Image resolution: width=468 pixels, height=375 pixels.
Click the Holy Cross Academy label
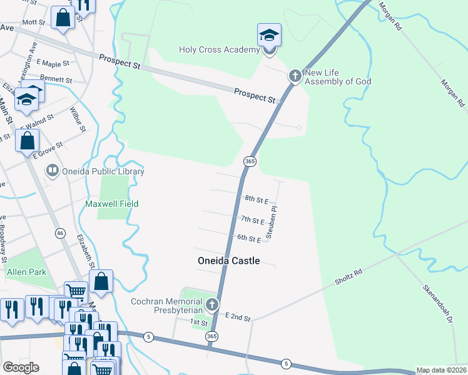tap(218, 50)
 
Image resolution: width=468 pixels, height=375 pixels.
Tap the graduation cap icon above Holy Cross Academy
tap(270, 35)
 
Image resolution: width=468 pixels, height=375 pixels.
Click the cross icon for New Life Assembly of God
tap(295, 76)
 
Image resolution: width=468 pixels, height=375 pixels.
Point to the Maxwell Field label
tap(111, 204)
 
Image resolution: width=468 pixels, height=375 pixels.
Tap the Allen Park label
tap(26, 272)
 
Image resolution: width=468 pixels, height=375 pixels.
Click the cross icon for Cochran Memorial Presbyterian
tap(212, 305)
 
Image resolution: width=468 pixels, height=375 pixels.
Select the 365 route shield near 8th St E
tap(250, 161)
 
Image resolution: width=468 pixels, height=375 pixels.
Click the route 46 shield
tap(60, 233)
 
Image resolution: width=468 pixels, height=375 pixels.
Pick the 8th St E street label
tap(257, 200)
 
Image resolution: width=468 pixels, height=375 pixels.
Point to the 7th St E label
tap(253, 220)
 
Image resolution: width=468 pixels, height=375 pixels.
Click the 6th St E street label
tap(248, 239)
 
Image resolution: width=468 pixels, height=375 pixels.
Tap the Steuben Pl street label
tap(273, 222)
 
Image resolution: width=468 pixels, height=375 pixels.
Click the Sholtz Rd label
tap(348, 275)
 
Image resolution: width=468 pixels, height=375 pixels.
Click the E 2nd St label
tap(238, 318)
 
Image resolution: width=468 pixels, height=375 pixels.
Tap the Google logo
tap(21, 367)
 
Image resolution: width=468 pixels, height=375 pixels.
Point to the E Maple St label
tap(53, 64)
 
